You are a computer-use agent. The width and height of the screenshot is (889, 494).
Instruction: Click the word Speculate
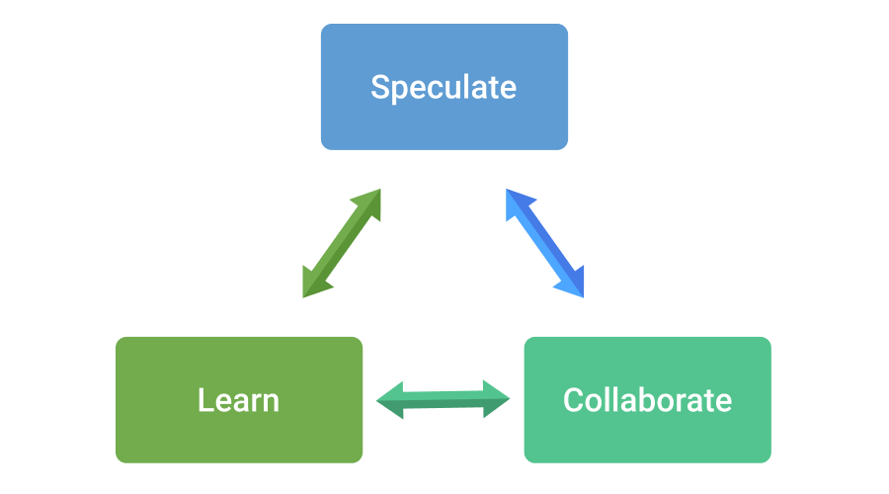pyautogui.click(x=444, y=87)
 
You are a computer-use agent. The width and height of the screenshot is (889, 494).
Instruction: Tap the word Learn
pyautogui.click(x=238, y=400)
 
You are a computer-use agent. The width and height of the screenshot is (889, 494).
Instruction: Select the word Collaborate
pyautogui.click(x=647, y=400)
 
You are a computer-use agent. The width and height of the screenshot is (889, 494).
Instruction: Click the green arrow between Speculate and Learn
pyautogui.click(x=342, y=243)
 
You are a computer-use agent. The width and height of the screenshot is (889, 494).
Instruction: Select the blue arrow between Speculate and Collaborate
pyautogui.click(x=545, y=243)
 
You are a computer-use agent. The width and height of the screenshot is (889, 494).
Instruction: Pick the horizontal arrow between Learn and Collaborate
pyautogui.click(x=444, y=399)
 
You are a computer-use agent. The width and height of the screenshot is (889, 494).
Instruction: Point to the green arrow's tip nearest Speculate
pyautogui.click(x=378, y=192)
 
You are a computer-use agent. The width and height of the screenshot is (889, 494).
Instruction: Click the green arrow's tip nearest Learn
pyautogui.click(x=305, y=294)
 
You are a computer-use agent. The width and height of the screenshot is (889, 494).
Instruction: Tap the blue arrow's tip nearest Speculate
pyautogui.click(x=509, y=192)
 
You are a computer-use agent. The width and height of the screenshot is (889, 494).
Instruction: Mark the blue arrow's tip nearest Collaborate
pyautogui.click(x=582, y=294)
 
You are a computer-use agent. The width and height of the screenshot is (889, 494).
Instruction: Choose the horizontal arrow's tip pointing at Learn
pyautogui.click(x=380, y=399)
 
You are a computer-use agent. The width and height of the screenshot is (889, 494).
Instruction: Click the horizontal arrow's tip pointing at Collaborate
pyautogui.click(x=508, y=399)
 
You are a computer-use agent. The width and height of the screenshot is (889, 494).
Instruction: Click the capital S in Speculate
pyautogui.click(x=381, y=87)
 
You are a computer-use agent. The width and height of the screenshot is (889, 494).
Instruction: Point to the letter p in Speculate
pyautogui.click(x=400, y=91)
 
